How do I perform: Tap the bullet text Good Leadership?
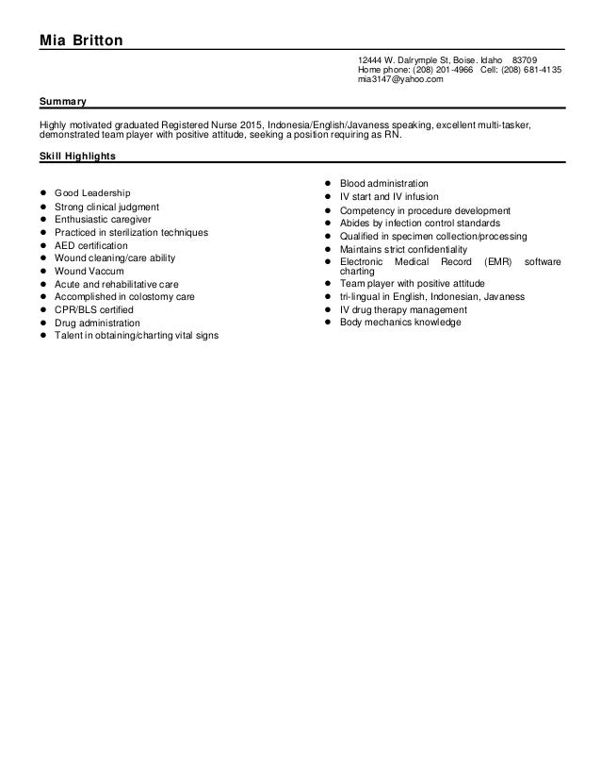click(x=92, y=192)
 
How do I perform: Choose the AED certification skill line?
click(x=90, y=244)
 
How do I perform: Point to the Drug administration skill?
click(x=97, y=323)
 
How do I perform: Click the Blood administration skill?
click(x=384, y=183)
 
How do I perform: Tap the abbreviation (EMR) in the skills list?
click(x=493, y=261)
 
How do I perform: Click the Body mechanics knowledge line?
click(x=400, y=323)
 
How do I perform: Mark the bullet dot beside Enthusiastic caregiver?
click(x=41, y=219)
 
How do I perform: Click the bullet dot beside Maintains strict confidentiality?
click(x=326, y=249)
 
